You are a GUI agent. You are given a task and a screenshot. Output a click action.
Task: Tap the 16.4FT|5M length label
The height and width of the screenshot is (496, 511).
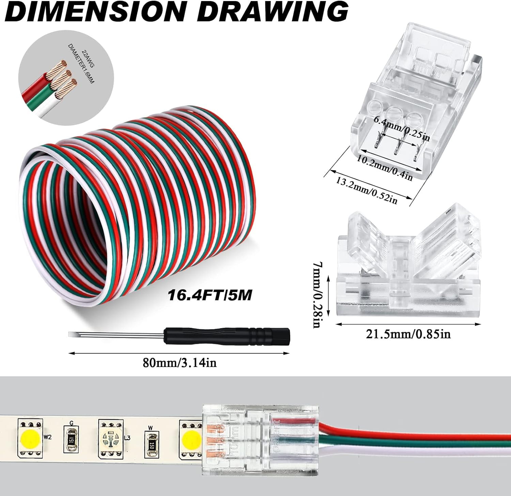pos(210,295)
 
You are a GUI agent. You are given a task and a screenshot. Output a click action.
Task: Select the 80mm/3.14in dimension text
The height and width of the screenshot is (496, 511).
pos(180,363)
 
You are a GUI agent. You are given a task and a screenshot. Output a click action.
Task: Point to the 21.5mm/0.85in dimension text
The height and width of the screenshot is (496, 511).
pos(408,334)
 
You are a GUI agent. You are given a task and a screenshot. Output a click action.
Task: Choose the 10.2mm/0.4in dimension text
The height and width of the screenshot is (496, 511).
pos(385,168)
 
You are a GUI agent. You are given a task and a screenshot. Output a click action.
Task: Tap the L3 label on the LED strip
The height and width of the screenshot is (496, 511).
pos(127,438)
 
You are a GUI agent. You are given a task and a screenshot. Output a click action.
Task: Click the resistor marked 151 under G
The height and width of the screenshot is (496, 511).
pos(71,438)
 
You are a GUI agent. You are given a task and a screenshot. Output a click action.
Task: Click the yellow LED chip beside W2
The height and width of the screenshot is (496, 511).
pos(29,437)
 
